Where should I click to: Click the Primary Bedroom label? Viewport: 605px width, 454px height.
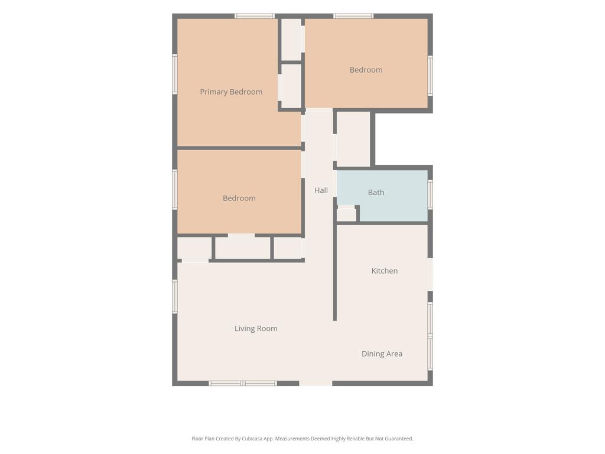(231, 92)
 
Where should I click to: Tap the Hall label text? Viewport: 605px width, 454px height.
(321, 190)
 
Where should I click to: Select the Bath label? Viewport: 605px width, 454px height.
(376, 192)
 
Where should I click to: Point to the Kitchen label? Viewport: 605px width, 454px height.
(385, 271)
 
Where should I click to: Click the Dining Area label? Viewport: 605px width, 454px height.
(382, 354)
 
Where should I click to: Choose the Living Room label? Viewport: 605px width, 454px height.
(256, 329)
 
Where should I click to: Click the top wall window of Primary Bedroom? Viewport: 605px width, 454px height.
(255, 16)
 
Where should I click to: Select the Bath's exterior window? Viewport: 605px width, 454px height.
(430, 194)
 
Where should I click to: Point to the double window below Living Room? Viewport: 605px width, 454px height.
(243, 383)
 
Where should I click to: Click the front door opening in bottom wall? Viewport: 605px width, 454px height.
(315, 383)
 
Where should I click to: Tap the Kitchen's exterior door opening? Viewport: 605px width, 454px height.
(430, 274)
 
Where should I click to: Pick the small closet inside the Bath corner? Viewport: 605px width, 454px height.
(346, 214)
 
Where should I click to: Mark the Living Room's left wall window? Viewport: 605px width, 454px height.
(175, 296)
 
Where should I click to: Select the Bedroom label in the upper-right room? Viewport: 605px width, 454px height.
(366, 70)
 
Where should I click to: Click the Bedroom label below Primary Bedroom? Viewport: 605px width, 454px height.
(239, 199)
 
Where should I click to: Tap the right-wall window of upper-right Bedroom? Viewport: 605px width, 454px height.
(430, 76)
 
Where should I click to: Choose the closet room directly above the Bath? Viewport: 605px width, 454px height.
(353, 140)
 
